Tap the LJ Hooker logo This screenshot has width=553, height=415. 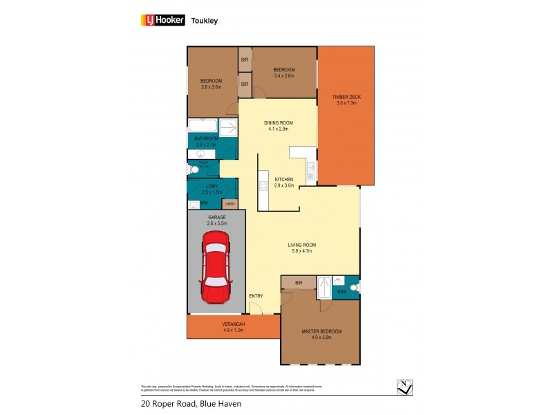coord(163,20)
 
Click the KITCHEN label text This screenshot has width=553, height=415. coord(284,179)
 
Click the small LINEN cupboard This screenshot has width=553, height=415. coord(229,204)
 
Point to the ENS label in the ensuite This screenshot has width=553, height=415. coord(341,292)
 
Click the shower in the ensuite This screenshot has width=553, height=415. coord(324,286)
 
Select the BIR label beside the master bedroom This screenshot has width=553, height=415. coord(299,283)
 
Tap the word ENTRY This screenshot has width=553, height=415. coord(256,296)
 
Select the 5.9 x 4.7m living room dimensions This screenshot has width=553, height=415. coord(301,251)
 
